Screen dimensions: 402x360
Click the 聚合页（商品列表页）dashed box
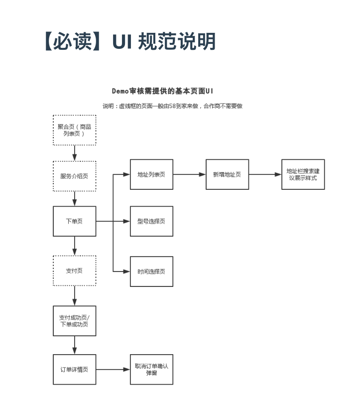[75, 130]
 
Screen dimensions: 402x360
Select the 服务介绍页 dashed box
[75, 176]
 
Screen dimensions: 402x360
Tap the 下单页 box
[75, 221]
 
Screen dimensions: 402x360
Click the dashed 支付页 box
[75, 270]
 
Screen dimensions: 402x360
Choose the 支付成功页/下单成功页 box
[75, 321]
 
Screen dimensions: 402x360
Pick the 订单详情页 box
[75, 369]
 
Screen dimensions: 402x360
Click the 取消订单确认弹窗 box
[151, 369]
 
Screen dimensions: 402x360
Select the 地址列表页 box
[151, 174]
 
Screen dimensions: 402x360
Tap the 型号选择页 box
[151, 221]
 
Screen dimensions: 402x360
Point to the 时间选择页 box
[151, 271]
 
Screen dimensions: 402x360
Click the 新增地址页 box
[227, 174]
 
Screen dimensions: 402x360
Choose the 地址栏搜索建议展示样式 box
[303, 174]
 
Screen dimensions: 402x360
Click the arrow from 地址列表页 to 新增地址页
[189, 174]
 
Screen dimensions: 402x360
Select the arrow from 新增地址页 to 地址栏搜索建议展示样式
[265, 174]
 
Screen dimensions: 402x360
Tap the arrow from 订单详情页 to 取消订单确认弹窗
[113, 369]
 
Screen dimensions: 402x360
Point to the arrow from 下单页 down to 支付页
[75, 246]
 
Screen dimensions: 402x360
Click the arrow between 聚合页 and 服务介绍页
[75, 153]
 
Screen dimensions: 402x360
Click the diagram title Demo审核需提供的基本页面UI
[163, 91]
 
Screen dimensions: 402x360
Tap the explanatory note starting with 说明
[172, 106]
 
